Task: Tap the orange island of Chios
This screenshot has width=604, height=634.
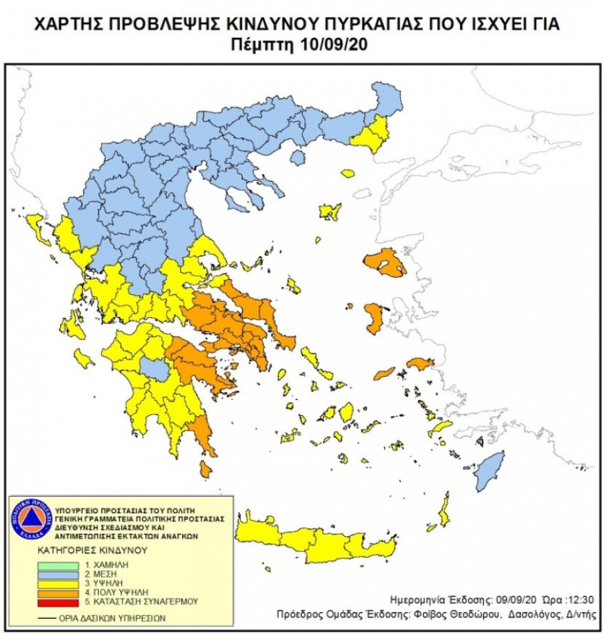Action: tap(375, 318)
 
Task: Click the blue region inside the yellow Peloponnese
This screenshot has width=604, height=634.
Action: tap(158, 371)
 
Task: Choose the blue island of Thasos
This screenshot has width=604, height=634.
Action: tap(297, 158)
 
